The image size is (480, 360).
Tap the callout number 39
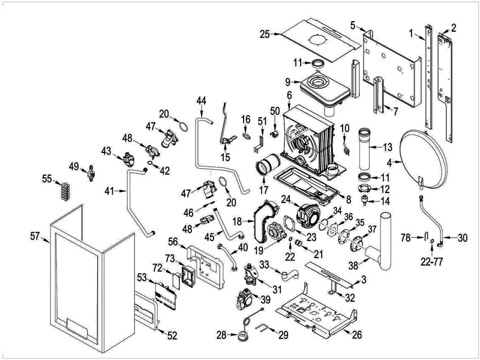tap(266, 298)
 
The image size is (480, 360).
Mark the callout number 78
tap(405, 238)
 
